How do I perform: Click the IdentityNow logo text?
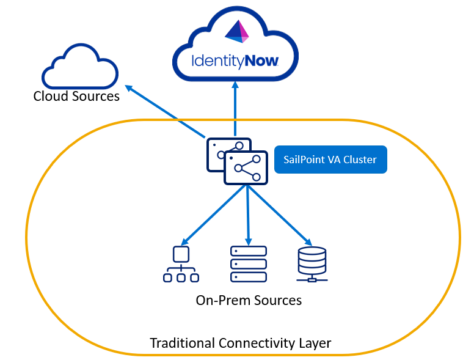235,61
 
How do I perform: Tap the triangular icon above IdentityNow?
236,32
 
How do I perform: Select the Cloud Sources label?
76,96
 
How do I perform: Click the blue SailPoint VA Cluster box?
330,160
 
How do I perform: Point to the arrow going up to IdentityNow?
235,110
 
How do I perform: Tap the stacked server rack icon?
249,263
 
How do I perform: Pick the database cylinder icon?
312,263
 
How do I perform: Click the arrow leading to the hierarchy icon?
214,214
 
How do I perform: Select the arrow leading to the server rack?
248,214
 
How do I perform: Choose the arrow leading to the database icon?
278,214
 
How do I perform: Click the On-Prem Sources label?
249,300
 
